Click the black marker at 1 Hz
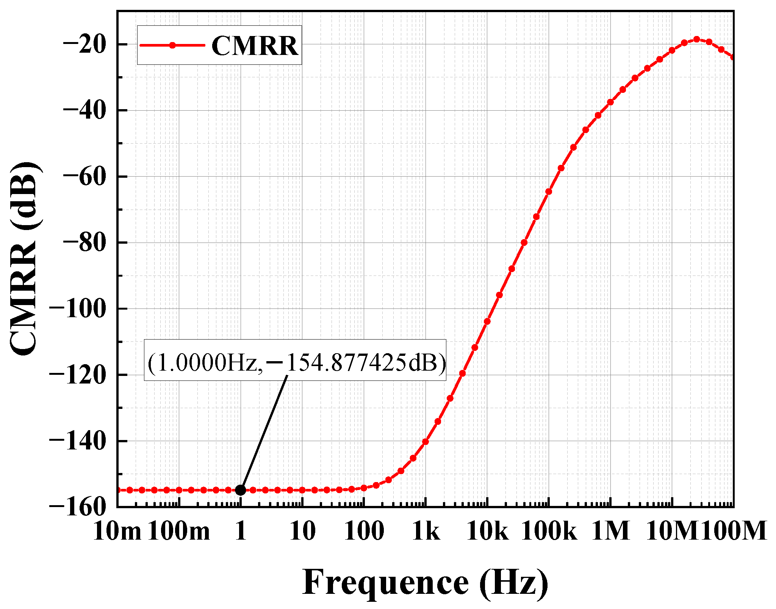tap(241, 490)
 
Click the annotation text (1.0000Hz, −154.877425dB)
tap(296, 363)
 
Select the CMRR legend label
tap(255, 46)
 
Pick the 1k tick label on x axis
tap(426, 531)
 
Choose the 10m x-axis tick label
tap(117, 531)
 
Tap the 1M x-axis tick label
tap(610, 531)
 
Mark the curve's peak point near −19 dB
tap(696, 39)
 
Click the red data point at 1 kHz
tap(426, 441)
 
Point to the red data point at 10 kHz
tap(487, 321)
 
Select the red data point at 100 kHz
tap(549, 191)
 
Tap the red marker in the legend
tap(172, 45)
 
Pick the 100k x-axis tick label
tap(549, 531)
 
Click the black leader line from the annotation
tap(264, 432)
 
